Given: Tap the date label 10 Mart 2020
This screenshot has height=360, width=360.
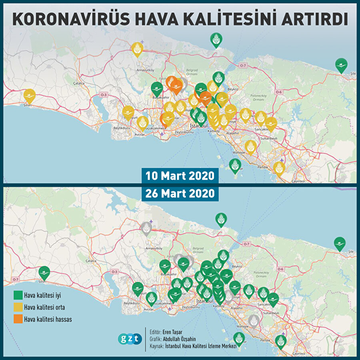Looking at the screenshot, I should tap(180, 176).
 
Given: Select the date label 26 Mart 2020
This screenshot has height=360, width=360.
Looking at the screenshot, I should tap(180, 194).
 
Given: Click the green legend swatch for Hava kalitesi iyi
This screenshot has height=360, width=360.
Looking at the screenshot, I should tap(18, 296).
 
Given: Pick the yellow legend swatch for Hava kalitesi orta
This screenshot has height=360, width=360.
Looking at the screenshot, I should tap(18, 308).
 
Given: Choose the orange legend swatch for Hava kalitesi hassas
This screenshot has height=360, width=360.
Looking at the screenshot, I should tap(18, 319).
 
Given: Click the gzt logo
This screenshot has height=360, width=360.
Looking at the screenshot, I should tap(130, 339).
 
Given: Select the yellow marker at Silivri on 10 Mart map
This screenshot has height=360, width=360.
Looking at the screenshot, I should tap(29, 96).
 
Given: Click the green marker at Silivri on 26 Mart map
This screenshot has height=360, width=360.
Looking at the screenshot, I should tap(44, 273).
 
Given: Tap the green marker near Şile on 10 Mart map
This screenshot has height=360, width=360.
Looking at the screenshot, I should tap(341, 65).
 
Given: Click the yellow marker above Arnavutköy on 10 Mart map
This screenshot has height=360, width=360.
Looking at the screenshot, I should tap(137, 49).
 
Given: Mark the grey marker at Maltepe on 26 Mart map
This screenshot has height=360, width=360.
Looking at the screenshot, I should tap(253, 321).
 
